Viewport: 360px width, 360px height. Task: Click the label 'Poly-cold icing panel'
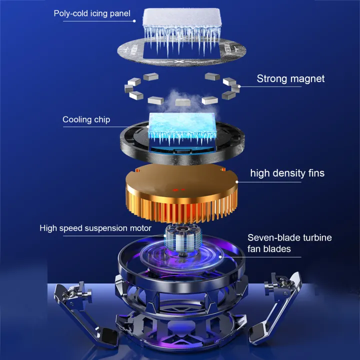(92, 13)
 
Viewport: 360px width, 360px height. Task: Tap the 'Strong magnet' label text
(290, 79)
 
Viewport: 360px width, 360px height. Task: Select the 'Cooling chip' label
(86, 119)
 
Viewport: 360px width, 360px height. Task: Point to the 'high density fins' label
(287, 173)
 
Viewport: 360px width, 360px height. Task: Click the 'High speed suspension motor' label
(95, 228)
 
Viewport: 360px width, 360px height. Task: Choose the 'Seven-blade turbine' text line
(289, 237)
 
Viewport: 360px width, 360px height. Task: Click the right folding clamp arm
(275, 307)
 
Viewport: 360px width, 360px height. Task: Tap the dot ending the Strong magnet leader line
(239, 86)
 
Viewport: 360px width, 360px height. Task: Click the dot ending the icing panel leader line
(134, 21)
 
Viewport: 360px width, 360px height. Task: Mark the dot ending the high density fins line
(236, 182)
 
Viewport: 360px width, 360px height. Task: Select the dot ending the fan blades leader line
(220, 257)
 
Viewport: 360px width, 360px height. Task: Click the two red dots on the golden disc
(178, 190)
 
